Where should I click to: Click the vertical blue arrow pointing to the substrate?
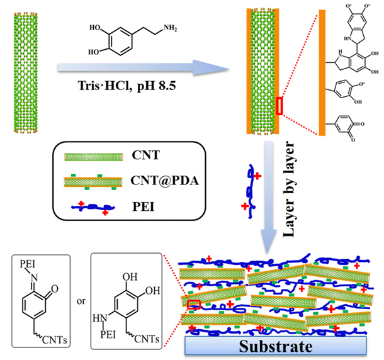coord(270,201)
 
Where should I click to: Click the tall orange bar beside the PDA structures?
coord(324,70)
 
